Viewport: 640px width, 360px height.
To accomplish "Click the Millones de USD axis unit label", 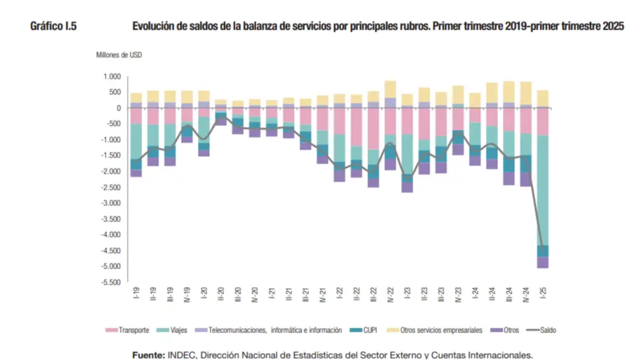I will tap(118, 55).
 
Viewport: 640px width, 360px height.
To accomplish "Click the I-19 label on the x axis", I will tap(137, 294).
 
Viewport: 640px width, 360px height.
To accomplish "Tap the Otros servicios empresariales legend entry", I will tap(441, 330).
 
